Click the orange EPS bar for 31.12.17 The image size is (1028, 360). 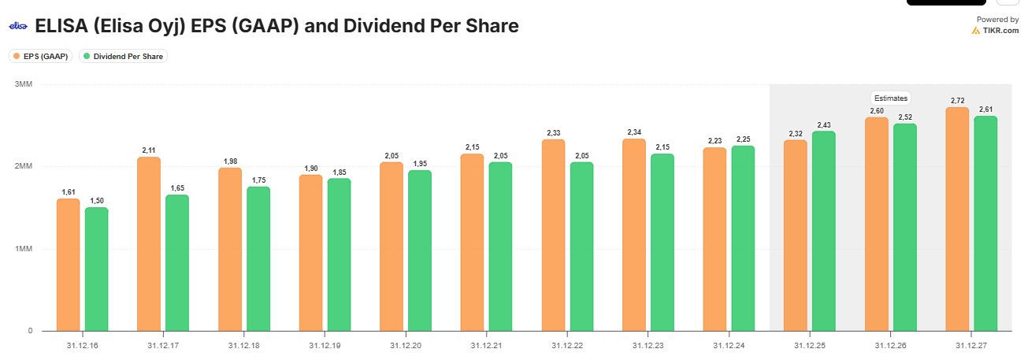(x=149, y=244)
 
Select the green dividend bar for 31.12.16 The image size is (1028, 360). (x=96, y=269)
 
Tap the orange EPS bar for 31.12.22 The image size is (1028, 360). (x=553, y=236)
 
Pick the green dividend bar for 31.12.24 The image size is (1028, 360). (x=743, y=239)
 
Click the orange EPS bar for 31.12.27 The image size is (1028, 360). (x=957, y=219)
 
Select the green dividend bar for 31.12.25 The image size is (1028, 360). (x=824, y=231)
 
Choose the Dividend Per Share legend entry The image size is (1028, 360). (x=124, y=56)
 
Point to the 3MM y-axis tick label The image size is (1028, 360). (x=23, y=84)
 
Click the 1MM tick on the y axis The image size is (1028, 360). (x=23, y=249)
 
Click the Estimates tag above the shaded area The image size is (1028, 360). (x=891, y=98)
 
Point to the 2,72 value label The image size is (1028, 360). (x=957, y=101)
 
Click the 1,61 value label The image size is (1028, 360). (x=68, y=192)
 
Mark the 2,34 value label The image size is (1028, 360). (x=634, y=132)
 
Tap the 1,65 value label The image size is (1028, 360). (x=177, y=188)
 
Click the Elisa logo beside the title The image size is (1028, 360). (x=18, y=26)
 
